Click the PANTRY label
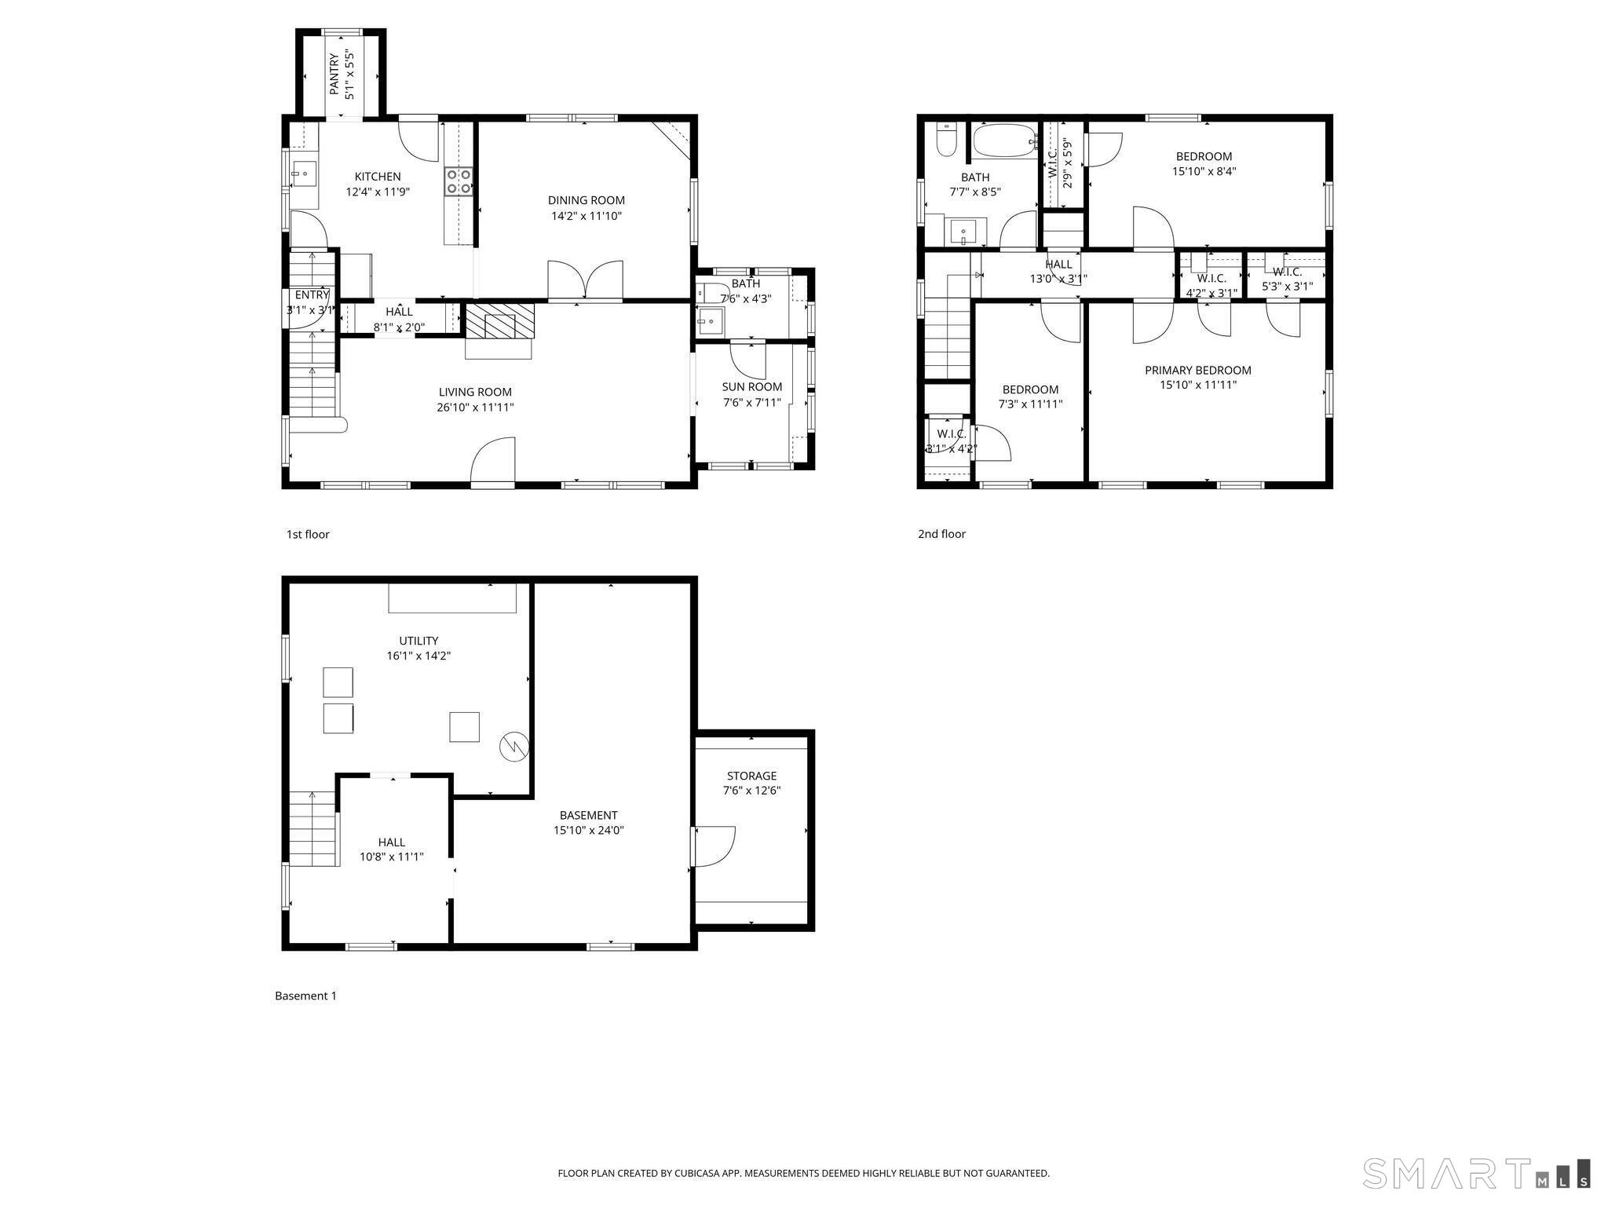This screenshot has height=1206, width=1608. (334, 75)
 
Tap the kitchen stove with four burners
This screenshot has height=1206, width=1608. (459, 181)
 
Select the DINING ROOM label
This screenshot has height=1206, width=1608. (587, 200)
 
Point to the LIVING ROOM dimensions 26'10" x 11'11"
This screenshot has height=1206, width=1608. (475, 407)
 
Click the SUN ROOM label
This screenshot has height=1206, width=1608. (752, 386)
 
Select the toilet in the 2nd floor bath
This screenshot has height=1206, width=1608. (946, 141)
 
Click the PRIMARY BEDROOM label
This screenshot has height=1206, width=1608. (1198, 370)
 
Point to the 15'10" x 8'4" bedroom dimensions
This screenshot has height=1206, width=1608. (1204, 171)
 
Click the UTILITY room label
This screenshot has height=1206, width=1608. (418, 641)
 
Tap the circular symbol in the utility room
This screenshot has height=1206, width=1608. (514, 746)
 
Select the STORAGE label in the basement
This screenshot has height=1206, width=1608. (751, 776)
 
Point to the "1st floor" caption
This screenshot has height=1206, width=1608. (308, 535)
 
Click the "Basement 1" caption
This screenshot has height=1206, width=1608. (305, 996)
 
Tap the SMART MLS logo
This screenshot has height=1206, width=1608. (1477, 1173)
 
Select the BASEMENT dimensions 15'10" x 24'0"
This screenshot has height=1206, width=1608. (588, 830)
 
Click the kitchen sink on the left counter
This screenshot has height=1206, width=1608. (303, 174)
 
